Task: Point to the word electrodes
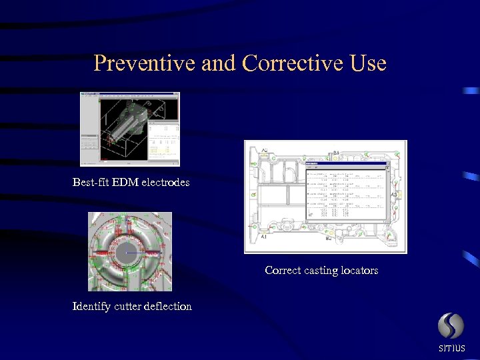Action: [165, 182]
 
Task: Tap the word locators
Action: [360, 271]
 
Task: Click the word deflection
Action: [167, 307]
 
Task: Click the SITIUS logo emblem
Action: [451, 326]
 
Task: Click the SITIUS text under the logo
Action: [451, 349]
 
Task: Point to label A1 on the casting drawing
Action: [264, 237]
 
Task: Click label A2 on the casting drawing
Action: [265, 151]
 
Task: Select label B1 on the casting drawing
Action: [337, 153]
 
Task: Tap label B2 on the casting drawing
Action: [329, 238]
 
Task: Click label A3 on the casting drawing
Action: [394, 195]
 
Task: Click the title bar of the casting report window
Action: [346, 163]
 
